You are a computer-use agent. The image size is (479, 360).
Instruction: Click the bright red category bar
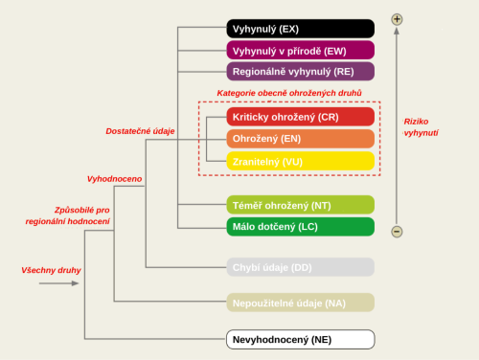click(300, 117)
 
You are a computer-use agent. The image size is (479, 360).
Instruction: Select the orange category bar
click(300, 139)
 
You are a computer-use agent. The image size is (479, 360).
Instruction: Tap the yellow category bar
click(300, 161)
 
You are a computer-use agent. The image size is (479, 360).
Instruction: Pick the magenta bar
click(300, 50)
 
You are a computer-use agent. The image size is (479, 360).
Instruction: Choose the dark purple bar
click(300, 71)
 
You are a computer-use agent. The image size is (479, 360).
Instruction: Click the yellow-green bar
click(300, 205)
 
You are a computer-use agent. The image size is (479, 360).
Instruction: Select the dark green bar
click(300, 227)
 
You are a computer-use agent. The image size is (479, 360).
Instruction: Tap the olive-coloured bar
click(300, 303)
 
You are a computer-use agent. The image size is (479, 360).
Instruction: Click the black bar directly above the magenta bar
click(300, 29)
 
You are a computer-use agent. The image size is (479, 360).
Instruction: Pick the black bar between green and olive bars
click(300, 267)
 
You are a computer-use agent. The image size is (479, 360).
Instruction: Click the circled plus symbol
click(397, 19)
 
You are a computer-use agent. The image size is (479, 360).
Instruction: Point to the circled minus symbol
click(397, 232)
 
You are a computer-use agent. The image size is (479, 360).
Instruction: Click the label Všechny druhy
click(51, 270)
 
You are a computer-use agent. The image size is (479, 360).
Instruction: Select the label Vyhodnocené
click(114, 179)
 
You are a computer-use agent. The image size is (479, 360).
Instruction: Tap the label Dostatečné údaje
click(140, 131)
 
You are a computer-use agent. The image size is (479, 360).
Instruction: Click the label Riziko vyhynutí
click(420, 126)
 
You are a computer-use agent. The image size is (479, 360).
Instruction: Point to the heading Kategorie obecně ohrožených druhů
click(288, 93)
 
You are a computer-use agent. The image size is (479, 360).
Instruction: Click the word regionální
click(48, 221)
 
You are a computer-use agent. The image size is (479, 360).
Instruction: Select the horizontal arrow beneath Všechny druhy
click(59, 283)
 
